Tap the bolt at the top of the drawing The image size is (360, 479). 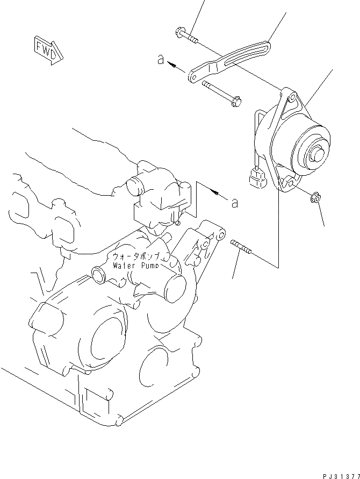[x=186, y=36]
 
